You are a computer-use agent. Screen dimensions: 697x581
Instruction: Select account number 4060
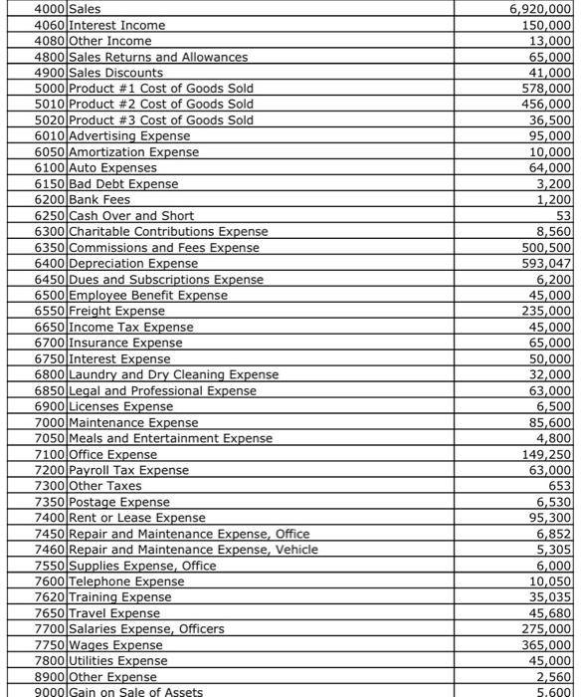point(50,25)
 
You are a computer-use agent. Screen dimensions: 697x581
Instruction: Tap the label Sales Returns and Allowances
point(158,57)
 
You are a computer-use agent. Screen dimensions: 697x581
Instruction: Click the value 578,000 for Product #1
point(546,89)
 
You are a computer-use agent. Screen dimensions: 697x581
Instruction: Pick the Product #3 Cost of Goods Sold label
point(160,120)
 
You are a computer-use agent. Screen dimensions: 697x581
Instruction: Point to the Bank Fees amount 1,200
point(554,200)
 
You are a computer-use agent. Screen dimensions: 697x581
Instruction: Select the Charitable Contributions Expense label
point(168,232)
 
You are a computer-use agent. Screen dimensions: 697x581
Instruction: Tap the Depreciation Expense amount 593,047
point(546,264)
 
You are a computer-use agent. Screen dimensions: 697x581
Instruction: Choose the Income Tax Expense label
point(131,328)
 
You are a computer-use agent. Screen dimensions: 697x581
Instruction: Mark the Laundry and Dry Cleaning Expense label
point(174,374)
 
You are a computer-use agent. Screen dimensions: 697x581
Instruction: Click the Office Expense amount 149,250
point(546,454)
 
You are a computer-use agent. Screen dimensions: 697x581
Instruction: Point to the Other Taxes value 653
point(560,486)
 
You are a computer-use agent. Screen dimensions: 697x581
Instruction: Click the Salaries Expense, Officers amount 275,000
point(546,629)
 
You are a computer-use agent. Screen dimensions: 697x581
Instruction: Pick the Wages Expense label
point(115,645)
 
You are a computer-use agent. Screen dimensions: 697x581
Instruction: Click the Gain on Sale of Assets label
point(135,692)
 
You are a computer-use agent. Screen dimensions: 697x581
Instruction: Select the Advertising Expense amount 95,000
point(550,136)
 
